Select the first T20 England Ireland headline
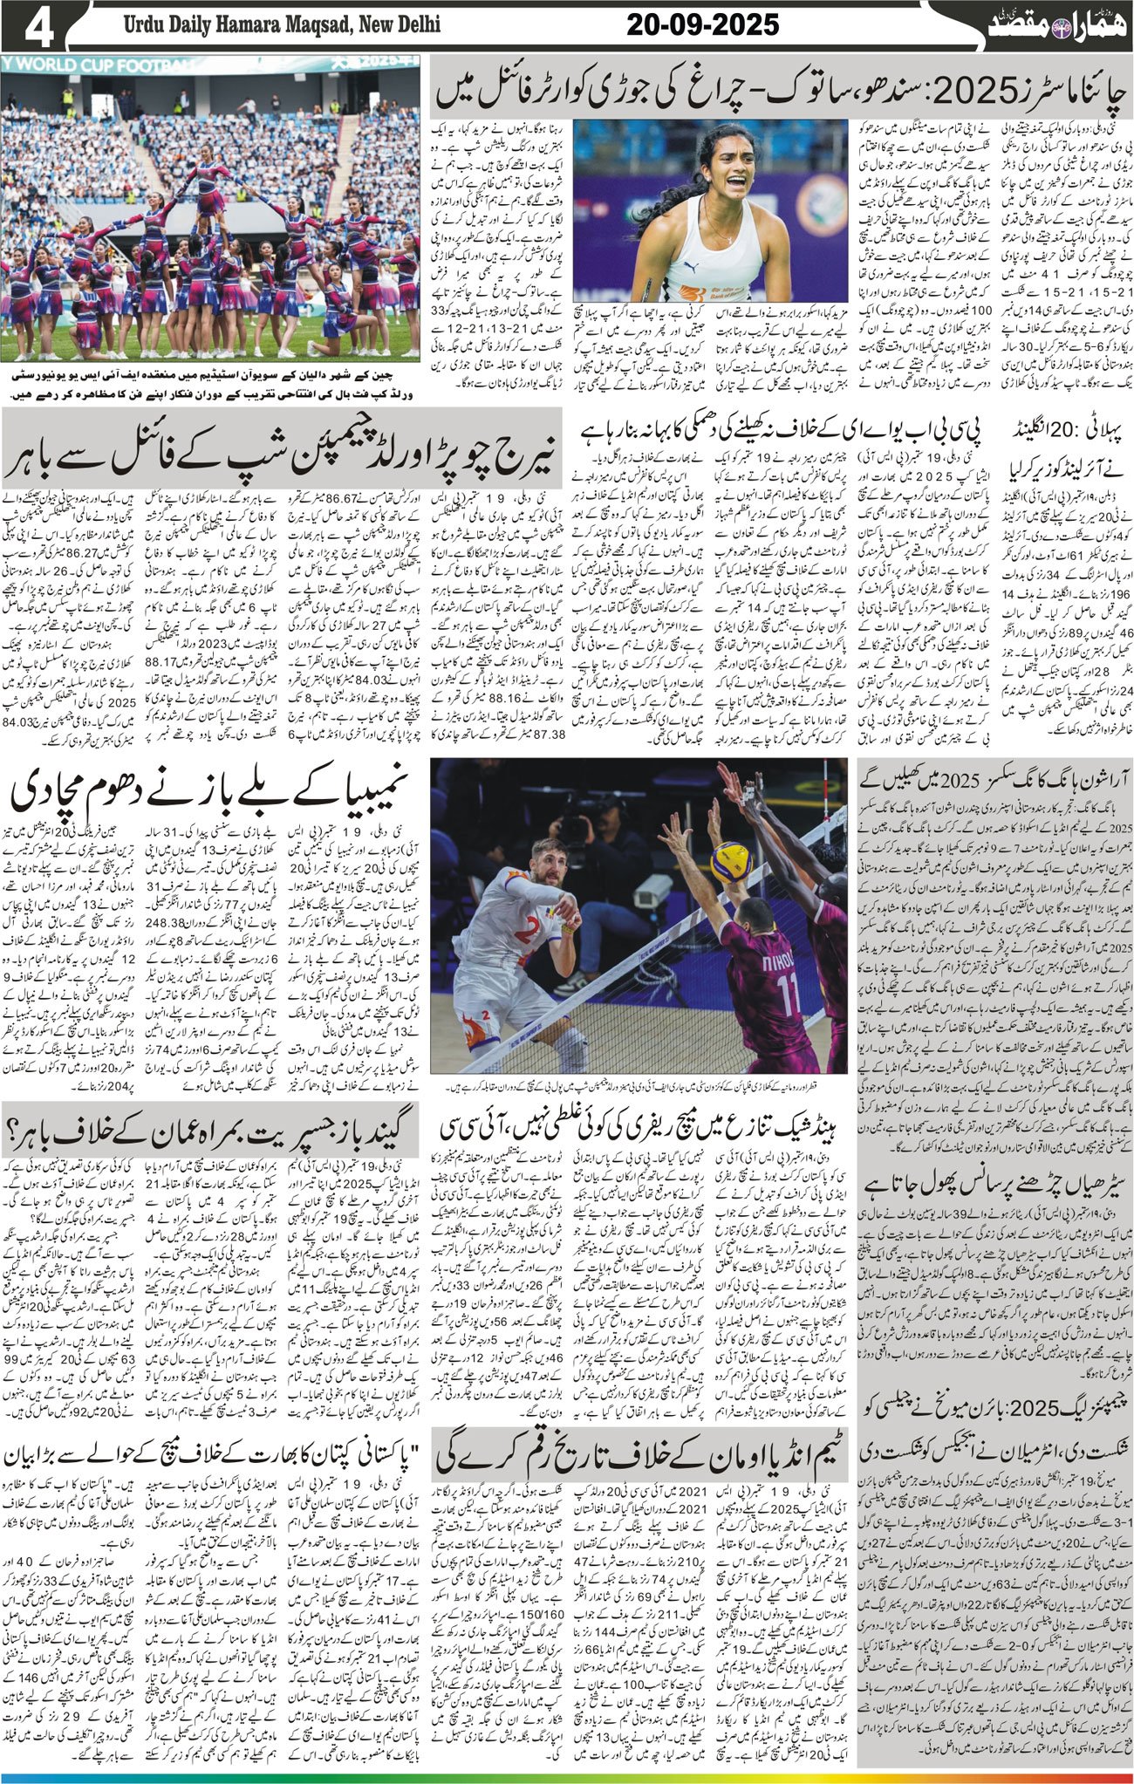(994, 445)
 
